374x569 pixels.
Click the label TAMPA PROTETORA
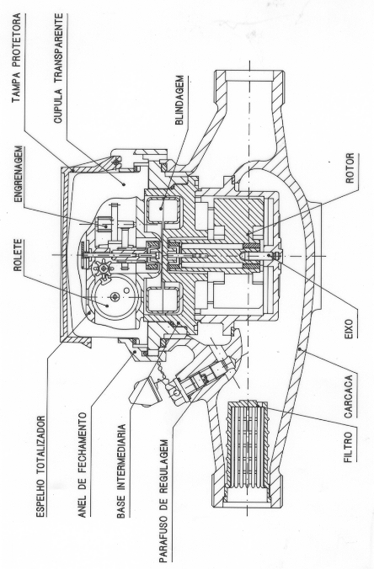pyautogui.click(x=16, y=58)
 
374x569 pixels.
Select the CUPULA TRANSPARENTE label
pyautogui.click(x=58, y=68)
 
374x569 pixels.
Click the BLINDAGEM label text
pyautogui.click(x=179, y=100)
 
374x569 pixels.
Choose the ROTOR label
pyautogui.click(x=350, y=168)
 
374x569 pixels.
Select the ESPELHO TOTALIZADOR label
pyautogui.click(x=41, y=466)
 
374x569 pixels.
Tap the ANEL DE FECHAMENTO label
pyautogui.click(x=83, y=465)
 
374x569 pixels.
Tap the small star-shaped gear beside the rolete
pyautogui.click(x=103, y=269)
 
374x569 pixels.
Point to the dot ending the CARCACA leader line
pyautogui.click(x=300, y=349)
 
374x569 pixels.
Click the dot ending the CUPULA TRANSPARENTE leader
pyautogui.click(x=124, y=184)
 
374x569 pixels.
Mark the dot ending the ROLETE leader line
pyautogui.click(x=107, y=306)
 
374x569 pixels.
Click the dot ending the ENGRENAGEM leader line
pyautogui.click(x=106, y=226)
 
